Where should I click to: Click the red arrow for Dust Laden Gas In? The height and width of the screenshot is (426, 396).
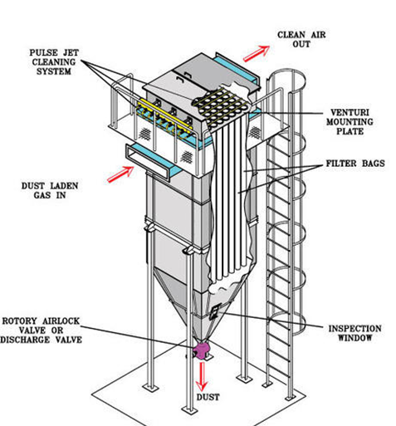122,173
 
